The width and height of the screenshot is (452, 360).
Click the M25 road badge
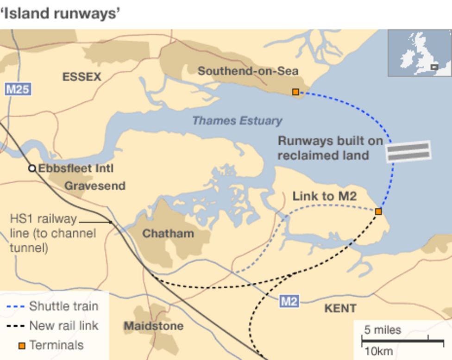point(18,89)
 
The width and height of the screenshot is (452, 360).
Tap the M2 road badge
point(289,302)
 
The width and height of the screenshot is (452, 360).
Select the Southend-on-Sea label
point(248,71)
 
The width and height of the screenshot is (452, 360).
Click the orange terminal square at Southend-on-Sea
point(295,92)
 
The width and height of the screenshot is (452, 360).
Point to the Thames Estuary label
point(237,121)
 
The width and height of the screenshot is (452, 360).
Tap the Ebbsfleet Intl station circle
point(32,168)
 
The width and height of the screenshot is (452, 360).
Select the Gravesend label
point(94,186)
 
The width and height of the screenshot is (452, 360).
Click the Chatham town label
point(168,233)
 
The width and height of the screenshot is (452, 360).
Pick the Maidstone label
point(153,326)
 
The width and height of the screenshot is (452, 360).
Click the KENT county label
point(340,308)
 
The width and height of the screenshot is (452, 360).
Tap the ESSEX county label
point(82,77)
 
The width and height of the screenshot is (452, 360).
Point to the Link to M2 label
point(324,196)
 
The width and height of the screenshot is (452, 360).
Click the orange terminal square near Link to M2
point(378,211)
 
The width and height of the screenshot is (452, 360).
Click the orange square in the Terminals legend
point(21,346)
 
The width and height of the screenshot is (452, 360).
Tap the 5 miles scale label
point(383,330)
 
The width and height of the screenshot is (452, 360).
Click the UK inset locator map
point(420,53)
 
